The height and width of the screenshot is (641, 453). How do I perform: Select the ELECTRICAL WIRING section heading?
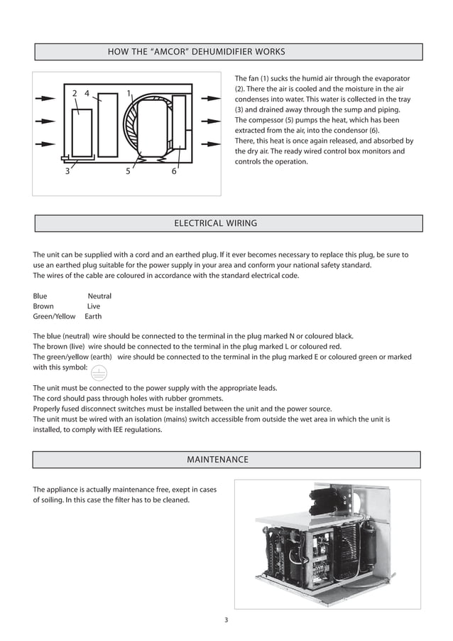[x=215, y=223]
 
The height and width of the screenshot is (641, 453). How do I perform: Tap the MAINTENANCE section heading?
[x=217, y=460]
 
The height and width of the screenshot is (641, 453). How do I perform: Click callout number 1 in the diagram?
[x=129, y=93]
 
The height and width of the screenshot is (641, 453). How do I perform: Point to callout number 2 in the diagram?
[x=75, y=93]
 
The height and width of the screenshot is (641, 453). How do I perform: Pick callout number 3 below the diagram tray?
[x=67, y=171]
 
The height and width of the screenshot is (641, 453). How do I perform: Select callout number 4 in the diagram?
[x=87, y=93]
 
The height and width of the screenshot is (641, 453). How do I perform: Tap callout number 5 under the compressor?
[x=128, y=171]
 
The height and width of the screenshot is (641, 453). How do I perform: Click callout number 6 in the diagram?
[x=174, y=171]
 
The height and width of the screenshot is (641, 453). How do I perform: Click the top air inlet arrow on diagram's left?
[x=44, y=99]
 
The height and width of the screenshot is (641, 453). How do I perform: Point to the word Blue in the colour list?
[x=40, y=296]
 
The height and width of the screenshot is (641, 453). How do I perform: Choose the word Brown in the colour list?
[x=43, y=306]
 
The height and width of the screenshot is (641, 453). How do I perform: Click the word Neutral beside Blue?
[x=99, y=296]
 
